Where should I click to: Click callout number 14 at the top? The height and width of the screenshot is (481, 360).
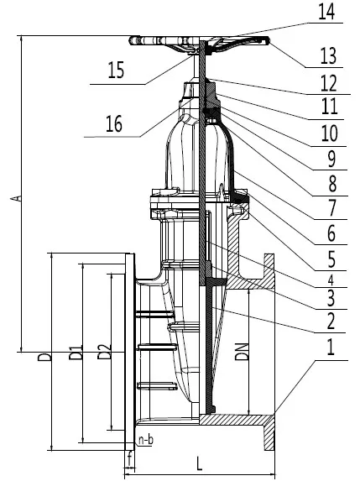click(326, 12)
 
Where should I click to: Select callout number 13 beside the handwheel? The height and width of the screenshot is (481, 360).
click(328, 56)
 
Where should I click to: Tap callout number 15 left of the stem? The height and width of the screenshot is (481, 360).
click(116, 70)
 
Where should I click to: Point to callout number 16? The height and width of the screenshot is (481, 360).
click(114, 123)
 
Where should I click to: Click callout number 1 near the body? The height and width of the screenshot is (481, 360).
click(331, 348)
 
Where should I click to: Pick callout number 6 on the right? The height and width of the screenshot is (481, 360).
click(331, 234)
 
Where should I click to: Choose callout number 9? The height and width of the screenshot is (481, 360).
click(331, 159)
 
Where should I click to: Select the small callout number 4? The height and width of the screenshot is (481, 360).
click(331, 280)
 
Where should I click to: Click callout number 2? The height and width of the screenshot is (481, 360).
click(331, 322)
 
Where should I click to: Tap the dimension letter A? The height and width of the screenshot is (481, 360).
click(19, 198)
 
